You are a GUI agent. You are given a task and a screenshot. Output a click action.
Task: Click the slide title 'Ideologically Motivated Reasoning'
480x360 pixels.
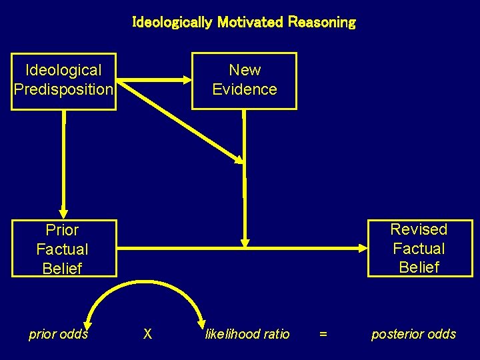point(244,22)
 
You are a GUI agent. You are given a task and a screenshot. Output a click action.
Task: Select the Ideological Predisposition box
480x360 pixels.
point(64,81)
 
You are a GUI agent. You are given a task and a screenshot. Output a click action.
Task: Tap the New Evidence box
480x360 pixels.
point(244,80)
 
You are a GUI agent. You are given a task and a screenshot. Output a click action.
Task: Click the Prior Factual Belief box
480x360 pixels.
point(63,249)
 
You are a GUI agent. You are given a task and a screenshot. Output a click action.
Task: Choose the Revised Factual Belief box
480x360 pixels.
point(419,248)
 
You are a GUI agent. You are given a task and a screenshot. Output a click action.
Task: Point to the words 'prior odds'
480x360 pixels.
point(59,334)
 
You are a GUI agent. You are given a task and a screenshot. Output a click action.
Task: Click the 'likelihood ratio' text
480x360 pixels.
point(247,334)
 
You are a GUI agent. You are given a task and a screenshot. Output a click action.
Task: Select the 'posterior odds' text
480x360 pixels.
point(413,334)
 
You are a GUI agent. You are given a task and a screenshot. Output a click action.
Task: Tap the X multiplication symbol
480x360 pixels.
point(148,334)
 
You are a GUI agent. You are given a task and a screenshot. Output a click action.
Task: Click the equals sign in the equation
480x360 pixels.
point(323,334)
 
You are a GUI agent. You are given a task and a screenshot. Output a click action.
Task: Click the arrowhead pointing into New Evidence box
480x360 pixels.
point(186,80)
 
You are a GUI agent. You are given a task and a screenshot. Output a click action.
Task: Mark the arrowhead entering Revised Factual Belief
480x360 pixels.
point(361,249)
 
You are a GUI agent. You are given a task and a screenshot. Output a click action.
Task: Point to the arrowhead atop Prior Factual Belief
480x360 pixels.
point(63,213)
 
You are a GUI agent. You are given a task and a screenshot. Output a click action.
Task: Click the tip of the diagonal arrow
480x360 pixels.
point(239,160)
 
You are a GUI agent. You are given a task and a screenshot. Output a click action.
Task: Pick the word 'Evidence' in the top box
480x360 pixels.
point(244,89)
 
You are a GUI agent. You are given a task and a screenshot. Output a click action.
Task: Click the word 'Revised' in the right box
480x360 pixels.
point(419,229)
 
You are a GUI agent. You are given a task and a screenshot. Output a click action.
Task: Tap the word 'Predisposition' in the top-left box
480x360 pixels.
point(64,89)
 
